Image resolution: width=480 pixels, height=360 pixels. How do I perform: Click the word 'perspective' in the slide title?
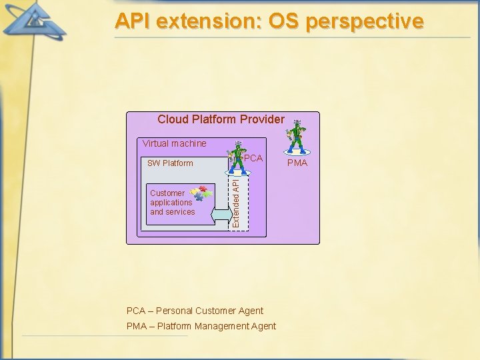[364, 21]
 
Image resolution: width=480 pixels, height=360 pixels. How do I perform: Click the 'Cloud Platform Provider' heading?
[221, 119]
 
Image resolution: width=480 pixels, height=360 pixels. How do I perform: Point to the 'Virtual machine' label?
[174, 143]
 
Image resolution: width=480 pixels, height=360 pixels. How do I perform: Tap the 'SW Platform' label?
[170, 163]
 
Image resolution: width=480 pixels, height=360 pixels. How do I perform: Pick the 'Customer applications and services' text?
[172, 203]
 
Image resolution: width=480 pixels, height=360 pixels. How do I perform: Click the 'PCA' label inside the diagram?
[253, 159]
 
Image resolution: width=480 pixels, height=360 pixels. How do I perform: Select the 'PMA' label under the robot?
[297, 163]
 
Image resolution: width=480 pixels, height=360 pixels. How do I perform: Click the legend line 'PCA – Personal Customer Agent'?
[195, 311]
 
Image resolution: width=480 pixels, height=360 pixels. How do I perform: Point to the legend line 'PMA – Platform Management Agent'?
[201, 326]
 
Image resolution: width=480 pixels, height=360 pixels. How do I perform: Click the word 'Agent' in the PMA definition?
[263, 326]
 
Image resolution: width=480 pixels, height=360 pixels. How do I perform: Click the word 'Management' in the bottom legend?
[222, 326]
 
